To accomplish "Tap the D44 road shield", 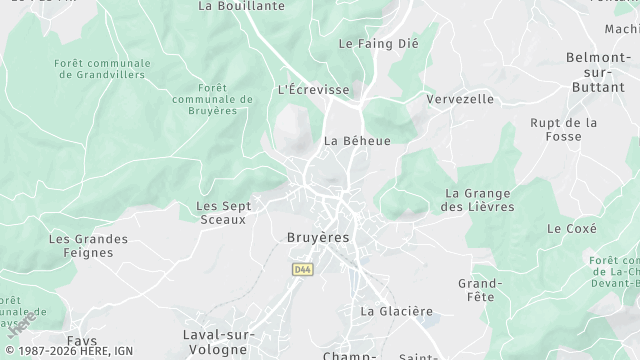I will pyautogui.click(x=302, y=269).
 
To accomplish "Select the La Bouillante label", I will pyautogui.click(x=242, y=5).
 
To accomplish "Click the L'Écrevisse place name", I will pyautogui.click(x=313, y=90).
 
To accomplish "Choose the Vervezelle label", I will pyautogui.click(x=460, y=99).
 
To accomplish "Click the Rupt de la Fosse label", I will pyautogui.click(x=564, y=130).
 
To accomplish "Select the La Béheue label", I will pyautogui.click(x=357, y=141).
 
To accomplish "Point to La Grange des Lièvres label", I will pyautogui.click(x=479, y=200).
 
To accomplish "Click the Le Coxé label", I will pyautogui.click(x=572, y=228).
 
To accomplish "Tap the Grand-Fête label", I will pyautogui.click(x=479, y=290).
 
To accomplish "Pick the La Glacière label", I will pyautogui.click(x=397, y=311).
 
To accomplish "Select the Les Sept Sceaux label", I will pyautogui.click(x=223, y=212).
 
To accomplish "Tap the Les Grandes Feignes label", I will pyautogui.click(x=88, y=246).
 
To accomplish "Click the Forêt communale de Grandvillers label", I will pyautogui.click(x=102, y=68).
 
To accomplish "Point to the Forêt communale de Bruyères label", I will pyautogui.click(x=212, y=99).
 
